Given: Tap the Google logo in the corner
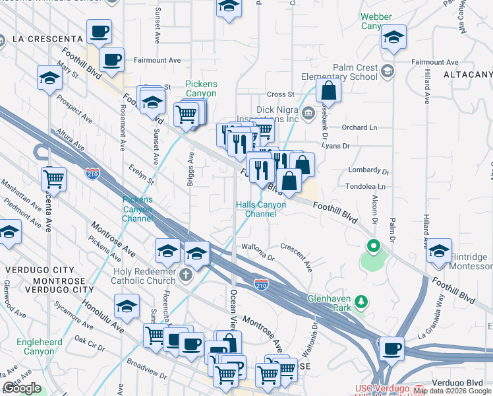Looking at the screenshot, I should point(22,388).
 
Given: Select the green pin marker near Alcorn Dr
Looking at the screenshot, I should point(374,248).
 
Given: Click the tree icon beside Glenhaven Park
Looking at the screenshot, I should point(361,302).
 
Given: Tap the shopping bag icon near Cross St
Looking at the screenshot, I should point(329,90).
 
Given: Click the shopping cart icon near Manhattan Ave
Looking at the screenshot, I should point(53,178).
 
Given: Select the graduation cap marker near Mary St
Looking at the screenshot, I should point(49,78).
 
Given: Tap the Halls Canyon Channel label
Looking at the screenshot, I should point(261,209).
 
